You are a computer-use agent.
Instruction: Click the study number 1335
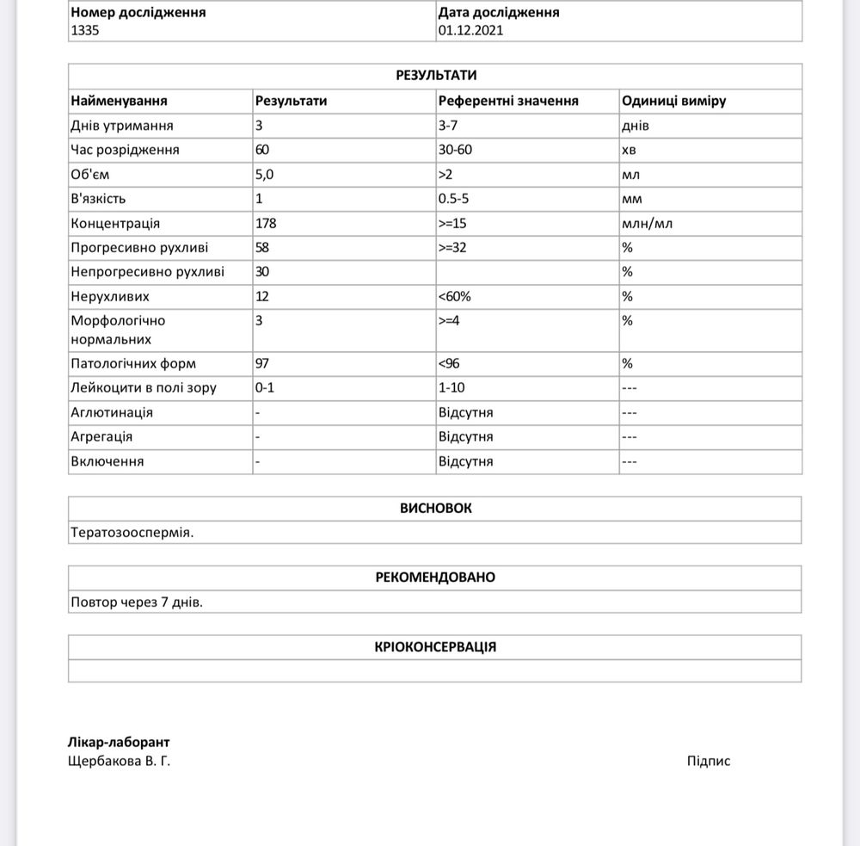coord(85,29)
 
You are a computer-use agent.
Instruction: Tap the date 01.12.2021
coord(470,29)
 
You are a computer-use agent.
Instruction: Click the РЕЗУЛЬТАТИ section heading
coord(435,76)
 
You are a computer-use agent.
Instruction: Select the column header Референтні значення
coord(508,101)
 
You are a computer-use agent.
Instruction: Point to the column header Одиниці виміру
coord(673,101)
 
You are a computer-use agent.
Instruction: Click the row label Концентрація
coord(115,223)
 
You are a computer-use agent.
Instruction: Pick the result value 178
coord(266,223)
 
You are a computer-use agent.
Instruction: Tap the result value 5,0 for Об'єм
coord(264,174)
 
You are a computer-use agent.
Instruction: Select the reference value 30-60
coord(455,150)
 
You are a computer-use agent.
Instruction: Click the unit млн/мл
coord(647,223)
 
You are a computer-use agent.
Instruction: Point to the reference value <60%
coord(454,296)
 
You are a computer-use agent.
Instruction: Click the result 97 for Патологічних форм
coord(262,363)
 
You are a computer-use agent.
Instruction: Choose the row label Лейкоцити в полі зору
coord(144,387)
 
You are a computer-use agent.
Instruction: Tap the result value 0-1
coord(265,387)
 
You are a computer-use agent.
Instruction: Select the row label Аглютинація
coord(112,412)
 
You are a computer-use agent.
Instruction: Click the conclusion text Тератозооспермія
coord(132,532)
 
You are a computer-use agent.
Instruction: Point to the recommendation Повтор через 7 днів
coord(137,602)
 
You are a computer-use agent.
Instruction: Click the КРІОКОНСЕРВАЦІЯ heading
coord(435,646)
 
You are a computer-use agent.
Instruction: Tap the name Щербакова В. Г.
coord(119,761)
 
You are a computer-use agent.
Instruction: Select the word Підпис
coord(709,761)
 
